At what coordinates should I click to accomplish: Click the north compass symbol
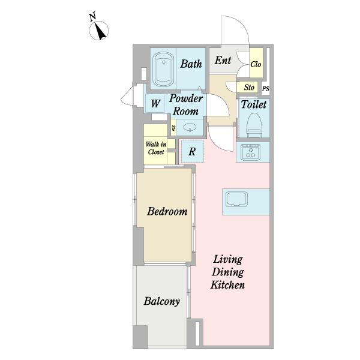pos(99,31)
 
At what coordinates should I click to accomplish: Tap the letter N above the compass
pos(92,17)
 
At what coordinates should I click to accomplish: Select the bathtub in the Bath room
pos(163,69)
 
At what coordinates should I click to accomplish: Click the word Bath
pos(191,64)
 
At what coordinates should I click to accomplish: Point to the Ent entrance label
pos(223,61)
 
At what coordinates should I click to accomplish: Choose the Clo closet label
pos(256,64)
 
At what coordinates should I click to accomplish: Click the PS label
pos(266,89)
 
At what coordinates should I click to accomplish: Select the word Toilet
pos(254,104)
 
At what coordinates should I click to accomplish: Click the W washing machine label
pos(155,103)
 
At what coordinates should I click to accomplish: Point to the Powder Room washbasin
pos(190,127)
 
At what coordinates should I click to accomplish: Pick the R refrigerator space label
pos(192,152)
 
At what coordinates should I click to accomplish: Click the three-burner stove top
pos(250,152)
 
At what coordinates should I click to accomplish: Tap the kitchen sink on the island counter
pos(237,199)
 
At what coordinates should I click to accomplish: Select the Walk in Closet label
pos(156,148)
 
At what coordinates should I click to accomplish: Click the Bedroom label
pos(167,211)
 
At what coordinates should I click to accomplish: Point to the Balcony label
pos(161,301)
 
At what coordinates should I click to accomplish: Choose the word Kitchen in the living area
pos(227,285)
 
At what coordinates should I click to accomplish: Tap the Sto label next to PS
pos(249,88)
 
